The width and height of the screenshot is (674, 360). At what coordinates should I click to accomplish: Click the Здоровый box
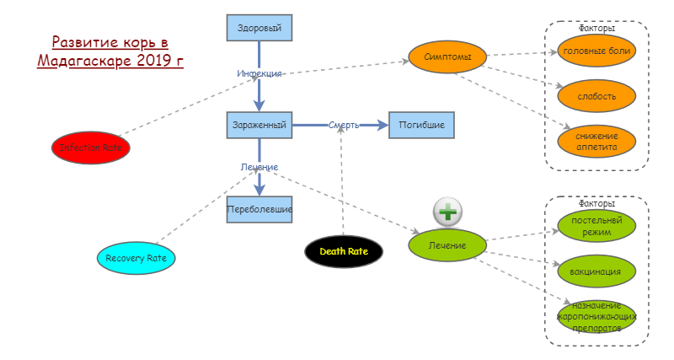coord(259,28)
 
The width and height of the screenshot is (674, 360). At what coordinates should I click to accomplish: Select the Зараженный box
coord(259,125)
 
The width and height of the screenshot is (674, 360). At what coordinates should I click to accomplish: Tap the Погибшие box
coord(421,125)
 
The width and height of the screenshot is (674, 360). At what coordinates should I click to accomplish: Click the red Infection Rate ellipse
coord(91,148)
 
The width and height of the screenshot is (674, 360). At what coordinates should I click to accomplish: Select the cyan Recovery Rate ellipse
coord(136,258)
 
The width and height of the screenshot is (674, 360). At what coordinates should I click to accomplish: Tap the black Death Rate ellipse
coord(344,251)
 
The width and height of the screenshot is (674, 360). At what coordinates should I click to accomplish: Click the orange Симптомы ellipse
coord(447,57)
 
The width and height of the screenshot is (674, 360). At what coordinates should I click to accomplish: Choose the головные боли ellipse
coord(596,51)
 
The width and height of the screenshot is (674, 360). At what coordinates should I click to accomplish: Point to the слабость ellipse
coord(596,95)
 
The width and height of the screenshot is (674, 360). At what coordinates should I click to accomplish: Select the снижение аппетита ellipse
coord(596,141)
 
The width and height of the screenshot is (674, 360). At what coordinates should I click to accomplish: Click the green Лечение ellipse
coord(448,244)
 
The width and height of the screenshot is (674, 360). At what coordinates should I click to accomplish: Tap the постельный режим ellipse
coord(596,226)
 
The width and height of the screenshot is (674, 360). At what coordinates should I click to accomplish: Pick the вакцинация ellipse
coord(596,271)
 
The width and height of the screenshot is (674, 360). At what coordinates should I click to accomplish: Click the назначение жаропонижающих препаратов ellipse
coord(596,316)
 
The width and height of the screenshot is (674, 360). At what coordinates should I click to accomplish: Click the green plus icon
coord(448,212)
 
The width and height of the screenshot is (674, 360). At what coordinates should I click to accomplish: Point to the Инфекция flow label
coord(259,73)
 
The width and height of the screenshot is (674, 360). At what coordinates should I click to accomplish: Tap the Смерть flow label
coord(344,125)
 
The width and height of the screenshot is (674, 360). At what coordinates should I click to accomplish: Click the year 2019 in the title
coord(153,61)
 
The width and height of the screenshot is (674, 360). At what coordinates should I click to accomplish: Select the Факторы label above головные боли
coord(596,28)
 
